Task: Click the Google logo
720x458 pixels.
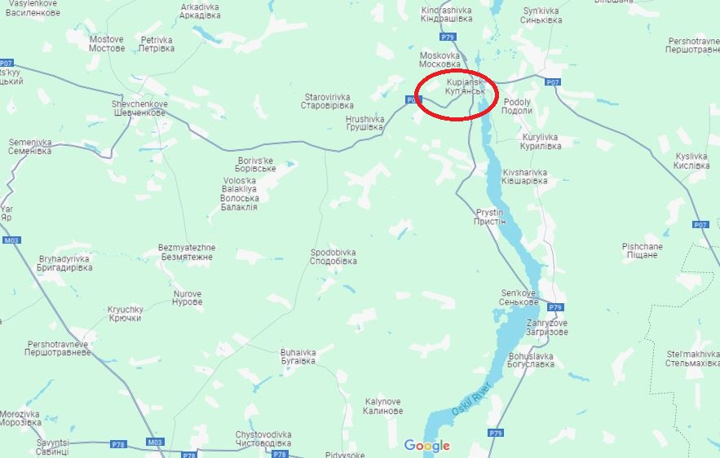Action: pos(427,446)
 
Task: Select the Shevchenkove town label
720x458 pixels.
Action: pos(139,108)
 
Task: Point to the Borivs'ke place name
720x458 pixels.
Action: pos(257,164)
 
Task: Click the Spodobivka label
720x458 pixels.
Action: pos(333,257)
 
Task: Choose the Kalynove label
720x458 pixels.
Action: pos(382,406)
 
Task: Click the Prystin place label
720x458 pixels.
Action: pos(490,217)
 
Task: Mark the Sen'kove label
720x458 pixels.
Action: pos(519,297)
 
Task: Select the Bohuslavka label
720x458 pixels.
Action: pos(530,360)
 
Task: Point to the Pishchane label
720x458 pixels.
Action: pos(642,250)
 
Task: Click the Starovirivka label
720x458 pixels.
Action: pos(326,100)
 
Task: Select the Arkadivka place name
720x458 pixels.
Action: pos(199,11)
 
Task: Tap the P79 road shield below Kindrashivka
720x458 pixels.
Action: pos(447,37)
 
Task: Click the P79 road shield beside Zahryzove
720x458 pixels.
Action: pos(555,307)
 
